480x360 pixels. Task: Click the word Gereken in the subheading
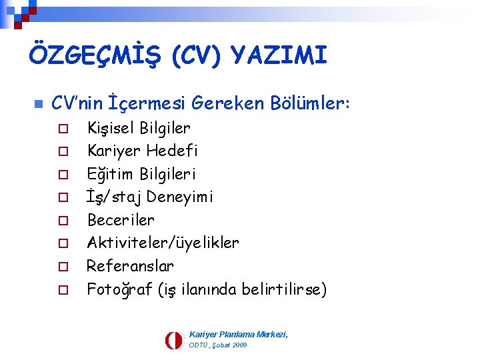tap(228, 103)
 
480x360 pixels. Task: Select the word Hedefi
tap(173, 151)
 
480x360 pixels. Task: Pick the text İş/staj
tap(114, 197)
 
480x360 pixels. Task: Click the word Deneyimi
tap(181, 197)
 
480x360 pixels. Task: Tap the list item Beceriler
tap(121, 220)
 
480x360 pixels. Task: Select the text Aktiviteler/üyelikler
tap(163, 243)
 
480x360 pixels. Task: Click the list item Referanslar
tap(131, 266)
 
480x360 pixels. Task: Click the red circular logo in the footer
tap(173, 340)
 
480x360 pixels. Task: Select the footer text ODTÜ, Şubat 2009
tap(218, 345)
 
